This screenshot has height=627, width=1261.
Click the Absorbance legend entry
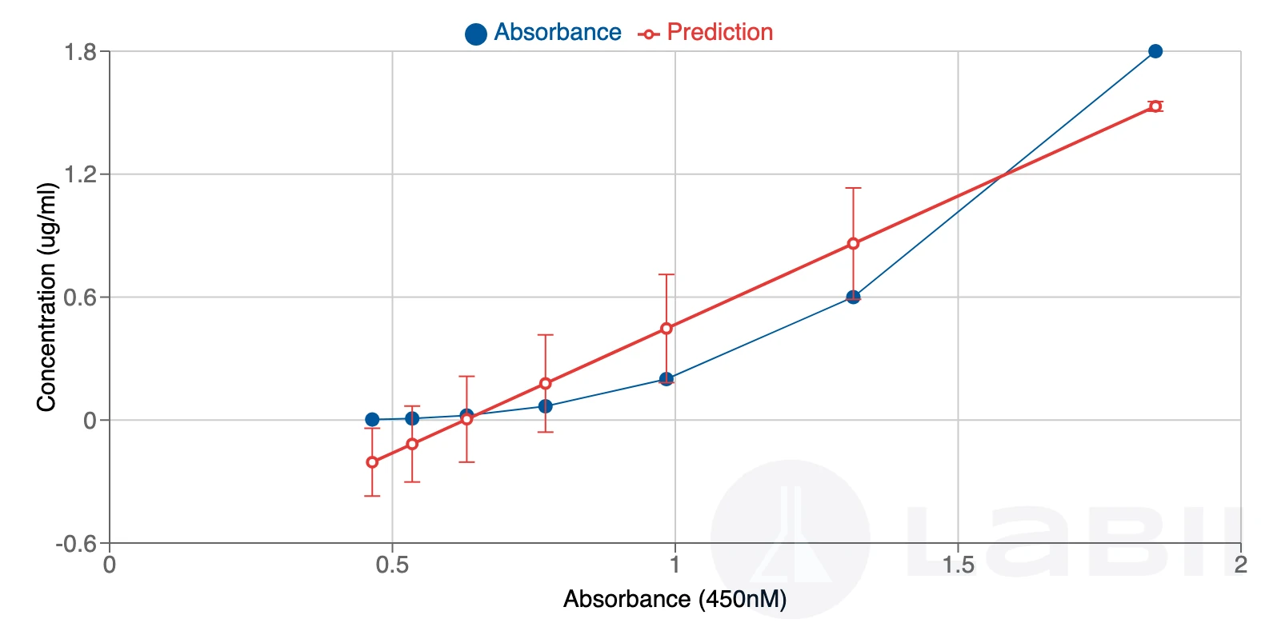pyautogui.click(x=543, y=33)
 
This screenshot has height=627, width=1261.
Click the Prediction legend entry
pyautogui.click(x=706, y=33)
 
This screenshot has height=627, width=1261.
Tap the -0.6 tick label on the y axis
pyautogui.click(x=76, y=545)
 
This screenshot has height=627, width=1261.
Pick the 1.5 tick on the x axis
pyautogui.click(x=958, y=565)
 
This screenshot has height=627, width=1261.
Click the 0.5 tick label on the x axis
pyautogui.click(x=392, y=565)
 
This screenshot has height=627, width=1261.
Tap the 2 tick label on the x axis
pyautogui.click(x=1240, y=565)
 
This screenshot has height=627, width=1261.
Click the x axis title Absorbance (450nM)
pyautogui.click(x=675, y=599)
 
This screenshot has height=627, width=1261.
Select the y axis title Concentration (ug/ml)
pyautogui.click(x=46, y=298)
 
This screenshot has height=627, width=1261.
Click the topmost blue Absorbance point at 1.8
pyautogui.click(x=1155, y=51)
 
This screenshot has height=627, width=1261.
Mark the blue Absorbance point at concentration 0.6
pyautogui.click(x=853, y=298)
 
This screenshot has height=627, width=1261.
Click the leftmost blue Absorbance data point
pyautogui.click(x=372, y=419)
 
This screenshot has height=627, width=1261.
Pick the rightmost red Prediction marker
pyautogui.click(x=1155, y=106)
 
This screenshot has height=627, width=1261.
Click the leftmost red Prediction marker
pyautogui.click(x=372, y=462)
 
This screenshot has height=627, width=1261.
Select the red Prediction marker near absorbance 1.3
pyautogui.click(x=853, y=244)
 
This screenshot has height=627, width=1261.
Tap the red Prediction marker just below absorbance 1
pyautogui.click(x=667, y=329)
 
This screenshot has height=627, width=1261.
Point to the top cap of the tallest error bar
pyautogui.click(x=853, y=188)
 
